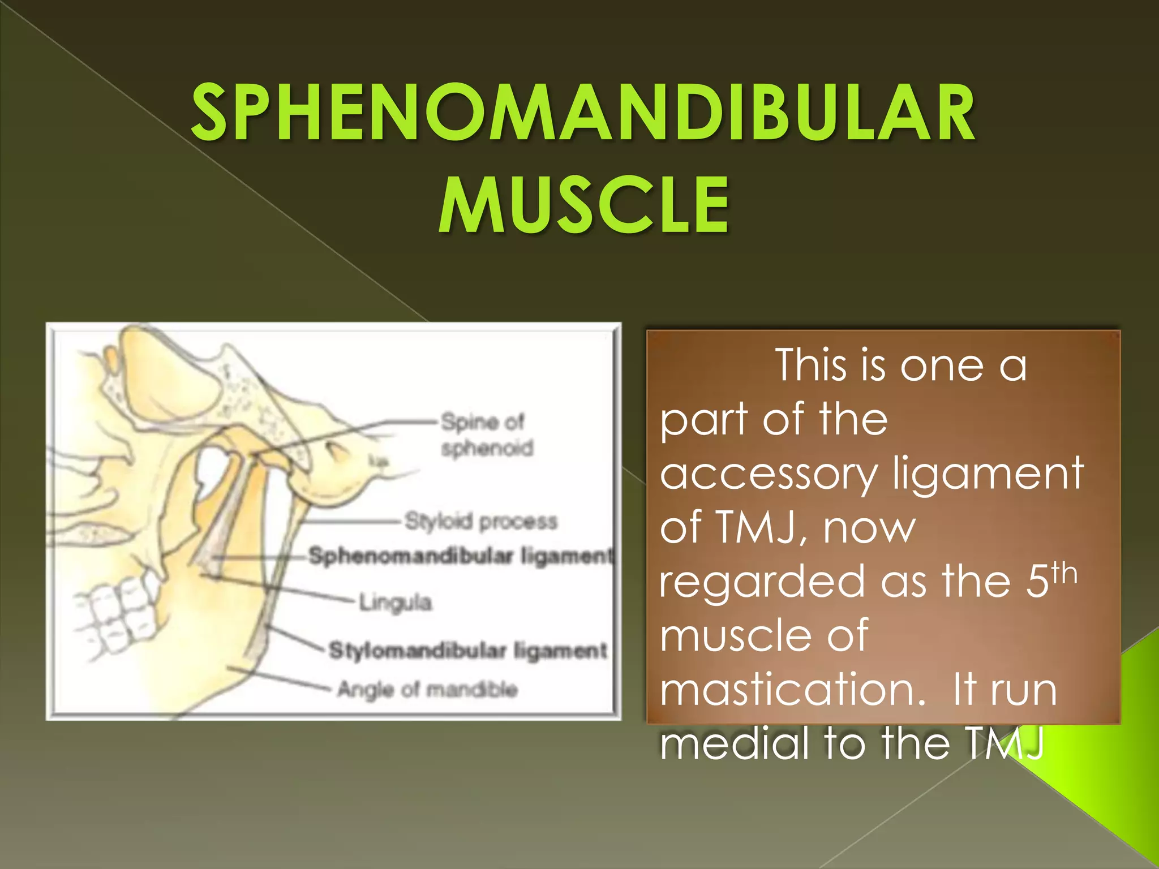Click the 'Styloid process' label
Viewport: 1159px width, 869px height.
(481, 521)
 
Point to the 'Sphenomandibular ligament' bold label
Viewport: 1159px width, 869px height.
(460, 556)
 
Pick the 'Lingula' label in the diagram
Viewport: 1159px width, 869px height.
(396, 603)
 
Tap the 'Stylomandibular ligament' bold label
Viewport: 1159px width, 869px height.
(467, 651)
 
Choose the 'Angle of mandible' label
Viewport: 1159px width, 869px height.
(427, 690)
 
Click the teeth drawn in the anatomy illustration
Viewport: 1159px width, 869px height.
(122, 617)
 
